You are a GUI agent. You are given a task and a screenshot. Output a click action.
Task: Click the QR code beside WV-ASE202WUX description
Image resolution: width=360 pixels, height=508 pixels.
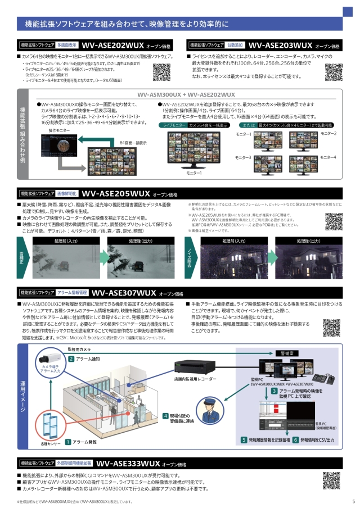click(161, 72)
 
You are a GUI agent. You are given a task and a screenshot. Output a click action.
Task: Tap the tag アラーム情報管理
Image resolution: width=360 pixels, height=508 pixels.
click(71, 293)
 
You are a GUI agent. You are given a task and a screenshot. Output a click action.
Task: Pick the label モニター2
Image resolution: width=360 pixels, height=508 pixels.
click(328, 133)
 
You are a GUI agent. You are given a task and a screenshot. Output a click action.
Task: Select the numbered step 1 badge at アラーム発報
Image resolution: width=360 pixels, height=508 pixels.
click(67, 443)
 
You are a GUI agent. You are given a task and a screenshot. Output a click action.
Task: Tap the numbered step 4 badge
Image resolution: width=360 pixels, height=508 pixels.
click(165, 416)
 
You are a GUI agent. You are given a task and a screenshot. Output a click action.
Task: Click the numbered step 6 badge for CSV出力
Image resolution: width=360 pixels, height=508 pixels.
click(295, 439)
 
